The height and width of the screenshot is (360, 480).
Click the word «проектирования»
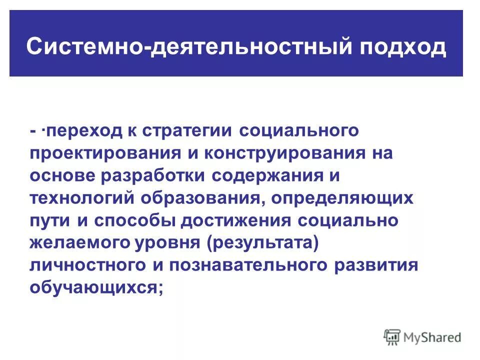[105, 153]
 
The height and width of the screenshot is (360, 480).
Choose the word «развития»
[375, 265]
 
